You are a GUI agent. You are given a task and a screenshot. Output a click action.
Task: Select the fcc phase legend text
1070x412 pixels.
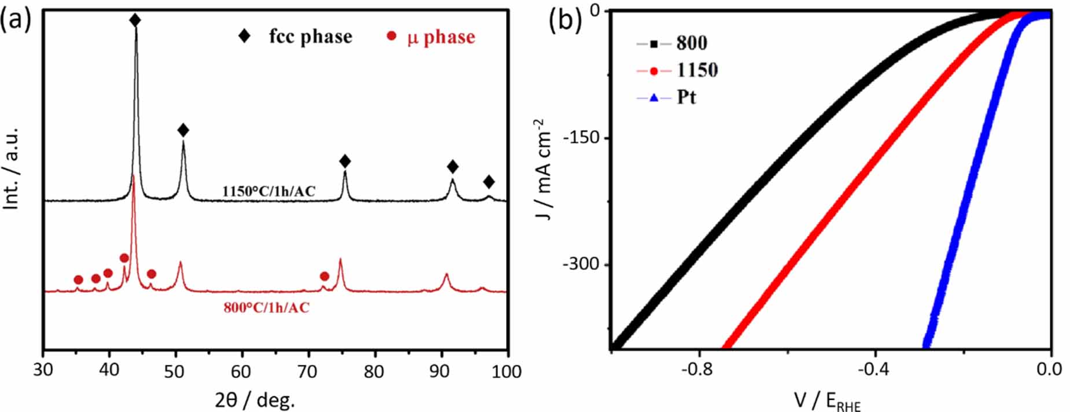tap(310, 36)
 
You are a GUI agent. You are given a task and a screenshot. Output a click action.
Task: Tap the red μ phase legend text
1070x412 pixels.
tap(441, 37)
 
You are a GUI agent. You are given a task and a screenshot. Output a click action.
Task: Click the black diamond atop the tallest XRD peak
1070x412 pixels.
tap(135, 20)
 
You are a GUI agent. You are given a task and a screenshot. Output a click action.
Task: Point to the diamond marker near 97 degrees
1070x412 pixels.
tap(489, 182)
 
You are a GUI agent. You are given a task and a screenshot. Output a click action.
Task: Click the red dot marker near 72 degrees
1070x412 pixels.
tap(324, 276)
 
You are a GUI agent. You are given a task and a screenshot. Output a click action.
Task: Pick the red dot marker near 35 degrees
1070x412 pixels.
tap(79, 280)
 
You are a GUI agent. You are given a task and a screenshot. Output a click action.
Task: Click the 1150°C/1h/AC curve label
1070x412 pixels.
tap(269, 191)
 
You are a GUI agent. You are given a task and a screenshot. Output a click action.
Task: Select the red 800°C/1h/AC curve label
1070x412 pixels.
tap(267, 308)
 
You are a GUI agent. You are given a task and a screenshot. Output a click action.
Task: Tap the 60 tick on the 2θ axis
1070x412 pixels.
tap(241, 371)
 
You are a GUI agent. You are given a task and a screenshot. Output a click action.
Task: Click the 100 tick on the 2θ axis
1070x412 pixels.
tap(506, 371)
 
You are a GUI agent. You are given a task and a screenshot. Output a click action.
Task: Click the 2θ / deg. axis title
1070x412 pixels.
tap(254, 399)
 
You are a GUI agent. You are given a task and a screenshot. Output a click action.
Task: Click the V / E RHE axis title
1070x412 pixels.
tap(827, 400)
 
